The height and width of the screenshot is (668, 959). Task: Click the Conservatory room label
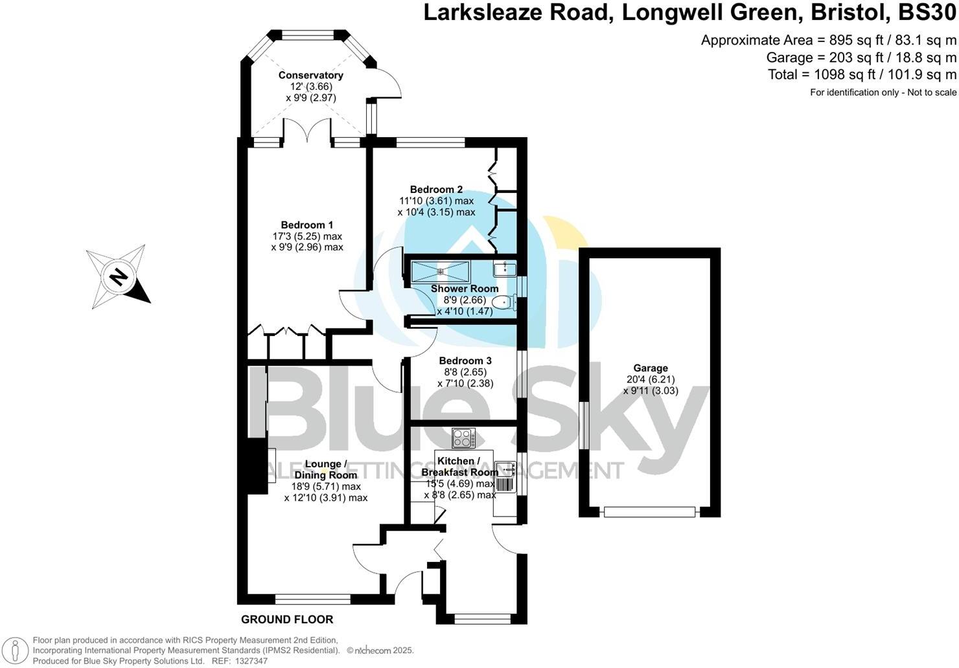[x=310, y=75]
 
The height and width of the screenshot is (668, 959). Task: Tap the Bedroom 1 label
[x=306, y=225]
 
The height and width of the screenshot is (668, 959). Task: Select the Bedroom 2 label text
[x=436, y=190]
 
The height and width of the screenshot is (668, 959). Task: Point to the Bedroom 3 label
[x=465, y=361]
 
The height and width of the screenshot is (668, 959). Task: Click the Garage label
[x=651, y=368]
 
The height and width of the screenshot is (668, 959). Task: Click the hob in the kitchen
[x=464, y=438]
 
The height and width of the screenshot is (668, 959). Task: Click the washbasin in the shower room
[x=503, y=268]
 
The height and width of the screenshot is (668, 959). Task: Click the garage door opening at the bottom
[x=649, y=512]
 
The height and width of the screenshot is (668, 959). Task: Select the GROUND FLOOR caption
[x=287, y=619]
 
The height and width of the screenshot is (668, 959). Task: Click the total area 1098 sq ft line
[x=862, y=74]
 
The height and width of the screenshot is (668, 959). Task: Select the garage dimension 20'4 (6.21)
[x=651, y=380]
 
